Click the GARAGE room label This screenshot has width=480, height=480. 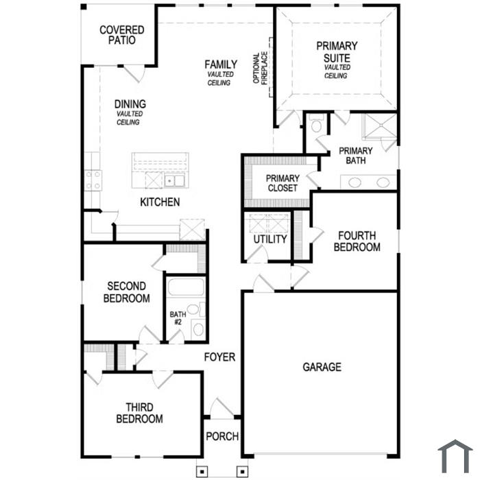322,367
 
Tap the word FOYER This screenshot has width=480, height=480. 220,357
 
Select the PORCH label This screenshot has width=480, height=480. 222,436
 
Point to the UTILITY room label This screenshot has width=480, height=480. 270,239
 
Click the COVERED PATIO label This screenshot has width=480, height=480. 122,35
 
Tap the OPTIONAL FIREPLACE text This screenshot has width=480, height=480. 261,68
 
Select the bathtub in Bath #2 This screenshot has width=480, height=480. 186,287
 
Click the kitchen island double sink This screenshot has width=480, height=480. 174,180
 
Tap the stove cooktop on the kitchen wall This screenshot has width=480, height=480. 93,180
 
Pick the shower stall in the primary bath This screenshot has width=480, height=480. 379,125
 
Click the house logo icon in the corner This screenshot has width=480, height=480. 455,457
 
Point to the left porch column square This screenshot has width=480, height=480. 202,472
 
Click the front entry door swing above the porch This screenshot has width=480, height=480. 221,409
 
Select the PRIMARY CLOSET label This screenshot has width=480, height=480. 283,183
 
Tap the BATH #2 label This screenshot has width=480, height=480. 178,318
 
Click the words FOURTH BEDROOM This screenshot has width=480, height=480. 357,241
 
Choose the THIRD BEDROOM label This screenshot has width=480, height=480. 139,413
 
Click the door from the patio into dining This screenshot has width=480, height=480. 134,74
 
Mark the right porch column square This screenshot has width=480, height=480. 243,472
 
